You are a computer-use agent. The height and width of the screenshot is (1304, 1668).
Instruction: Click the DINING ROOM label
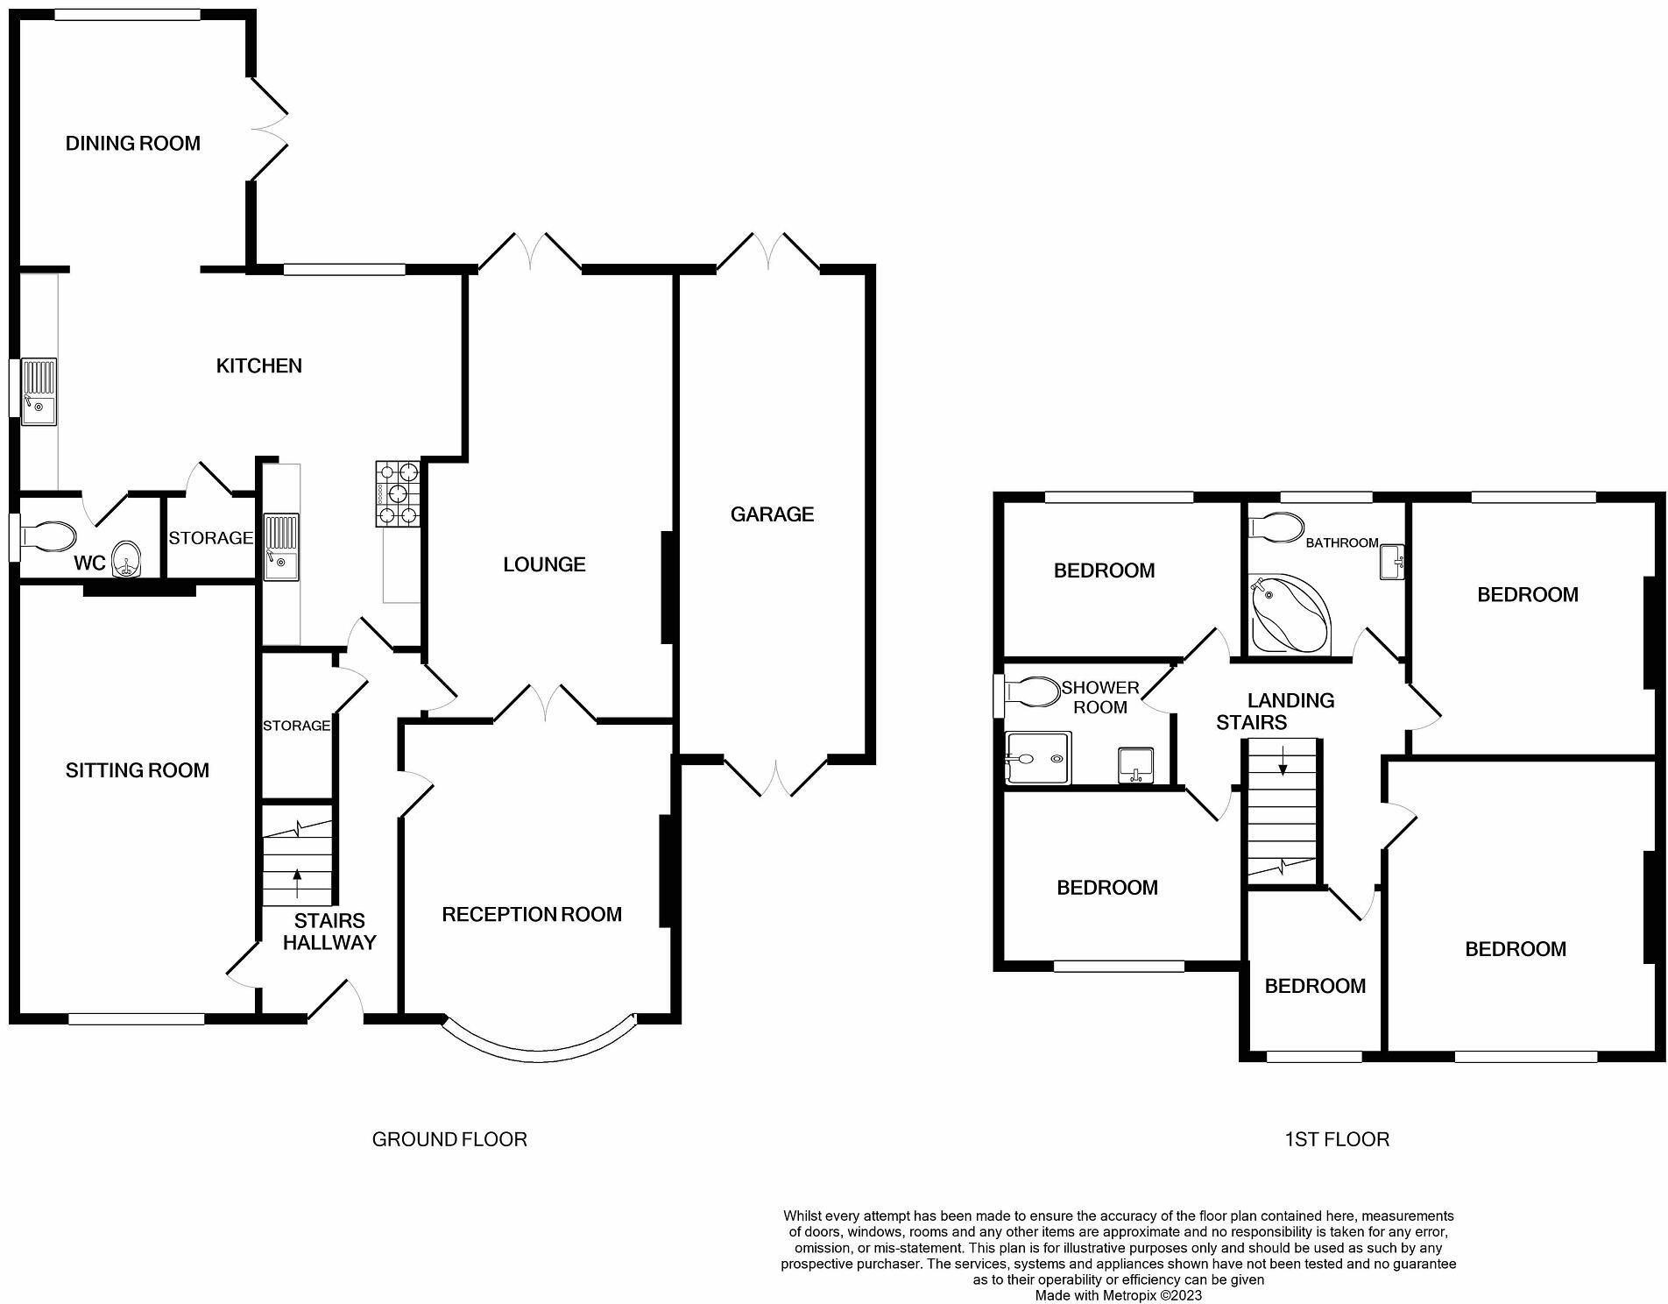coord(133,143)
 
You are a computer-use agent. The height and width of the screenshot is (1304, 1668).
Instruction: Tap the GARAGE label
coord(772,514)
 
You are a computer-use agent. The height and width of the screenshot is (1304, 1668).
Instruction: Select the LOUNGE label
coord(544,564)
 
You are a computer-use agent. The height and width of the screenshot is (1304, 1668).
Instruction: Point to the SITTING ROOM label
coord(138,770)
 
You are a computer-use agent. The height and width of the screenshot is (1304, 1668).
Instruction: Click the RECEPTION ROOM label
coord(532,915)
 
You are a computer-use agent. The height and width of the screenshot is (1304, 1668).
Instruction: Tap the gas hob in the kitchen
coord(399,494)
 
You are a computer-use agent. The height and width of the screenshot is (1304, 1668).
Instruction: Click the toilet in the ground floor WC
coord(47,536)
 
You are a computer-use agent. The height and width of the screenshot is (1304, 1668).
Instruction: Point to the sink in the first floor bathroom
coord(1392,562)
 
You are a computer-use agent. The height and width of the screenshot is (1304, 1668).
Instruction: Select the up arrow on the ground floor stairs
coord(298,883)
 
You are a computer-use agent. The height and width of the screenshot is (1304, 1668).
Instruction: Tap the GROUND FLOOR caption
coord(449,1139)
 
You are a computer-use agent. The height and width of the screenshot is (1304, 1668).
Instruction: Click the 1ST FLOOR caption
coord(1337,1139)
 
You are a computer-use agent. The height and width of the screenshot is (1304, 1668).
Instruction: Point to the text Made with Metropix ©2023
coord(1119,1295)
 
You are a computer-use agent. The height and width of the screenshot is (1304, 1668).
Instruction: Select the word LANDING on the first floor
coord(1290,700)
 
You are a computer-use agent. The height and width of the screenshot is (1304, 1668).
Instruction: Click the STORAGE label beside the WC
coord(210,538)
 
